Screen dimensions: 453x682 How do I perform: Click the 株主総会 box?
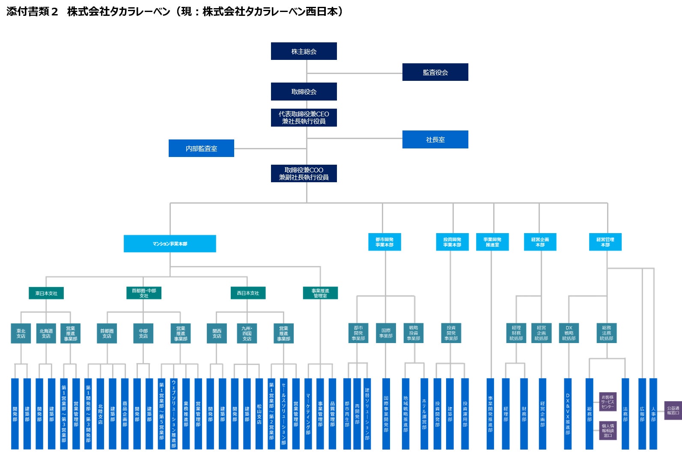pos(304,51)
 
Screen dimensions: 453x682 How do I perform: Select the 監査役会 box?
pos(435,72)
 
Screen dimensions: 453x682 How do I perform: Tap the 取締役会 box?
pos(304,92)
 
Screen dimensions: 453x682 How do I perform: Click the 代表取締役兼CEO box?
pos(304,118)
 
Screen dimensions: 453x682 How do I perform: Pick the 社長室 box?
pos(435,139)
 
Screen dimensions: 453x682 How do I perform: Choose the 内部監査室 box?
pos(201,148)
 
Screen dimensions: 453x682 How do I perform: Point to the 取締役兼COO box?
pos(304,173)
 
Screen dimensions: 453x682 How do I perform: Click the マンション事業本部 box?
pos(170,244)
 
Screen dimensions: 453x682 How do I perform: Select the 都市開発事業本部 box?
pos(384,242)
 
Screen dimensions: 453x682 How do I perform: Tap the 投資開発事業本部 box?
pos(452,242)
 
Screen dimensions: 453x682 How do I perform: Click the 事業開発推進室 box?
pos(492,242)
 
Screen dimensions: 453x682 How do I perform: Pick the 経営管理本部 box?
pos(605,242)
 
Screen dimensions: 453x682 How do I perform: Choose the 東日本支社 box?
pos(46,293)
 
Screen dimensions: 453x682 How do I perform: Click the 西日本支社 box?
pos(248,293)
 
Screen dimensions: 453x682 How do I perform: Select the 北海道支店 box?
pos(46,333)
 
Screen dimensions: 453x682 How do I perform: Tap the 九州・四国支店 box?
pos(247,333)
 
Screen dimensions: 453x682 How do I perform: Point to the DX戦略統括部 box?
pos(569,333)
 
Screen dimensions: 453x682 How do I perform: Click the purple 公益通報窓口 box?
pos(673,411)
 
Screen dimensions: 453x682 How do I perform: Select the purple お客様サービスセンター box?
pos(608,402)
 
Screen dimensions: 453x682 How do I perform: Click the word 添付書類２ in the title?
pos(32,12)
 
